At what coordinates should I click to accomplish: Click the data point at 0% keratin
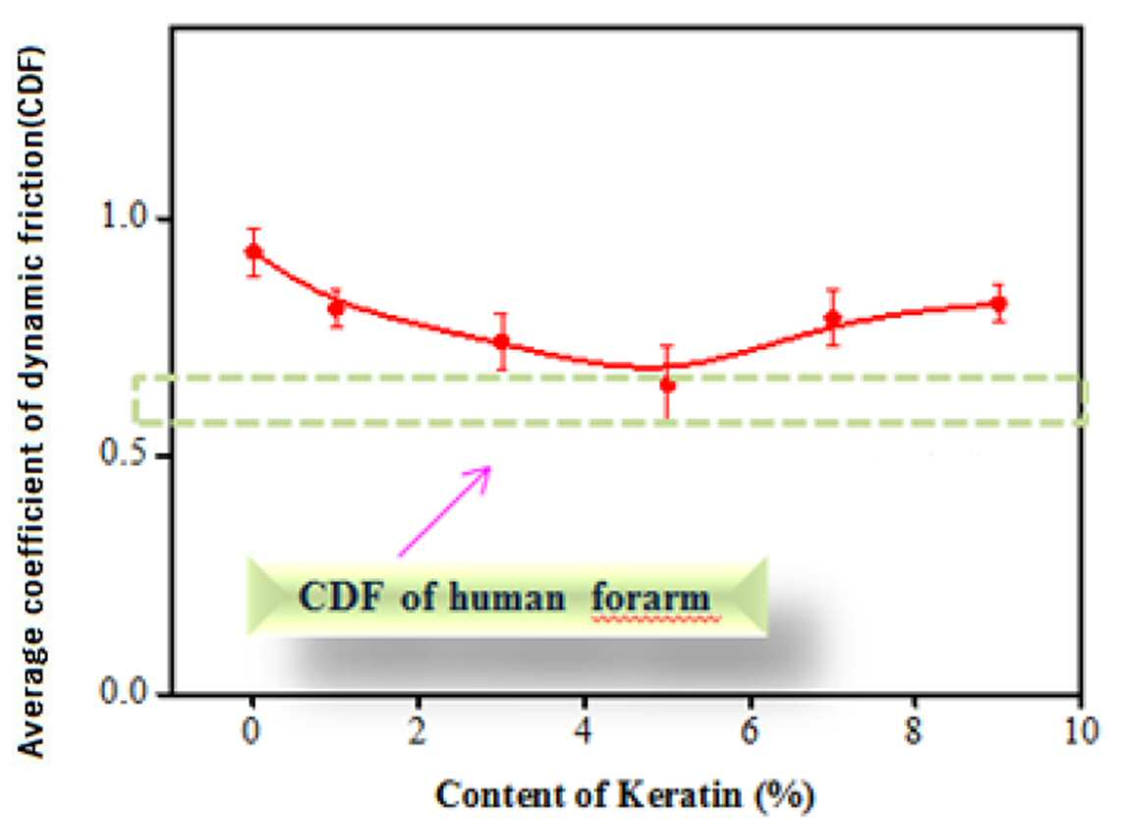tap(253, 252)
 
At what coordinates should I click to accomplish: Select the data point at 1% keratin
tap(336, 307)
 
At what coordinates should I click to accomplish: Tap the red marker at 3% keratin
tap(502, 341)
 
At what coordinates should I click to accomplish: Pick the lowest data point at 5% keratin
tap(668, 385)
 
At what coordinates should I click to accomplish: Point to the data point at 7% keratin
tap(832, 319)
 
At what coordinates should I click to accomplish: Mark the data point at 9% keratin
tap(999, 304)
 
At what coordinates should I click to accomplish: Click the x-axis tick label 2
tap(418, 731)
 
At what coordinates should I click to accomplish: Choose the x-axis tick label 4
tap(584, 731)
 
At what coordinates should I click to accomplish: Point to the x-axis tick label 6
tap(750, 731)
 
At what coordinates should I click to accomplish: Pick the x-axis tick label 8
tap(914, 731)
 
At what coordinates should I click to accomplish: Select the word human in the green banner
tap(507, 597)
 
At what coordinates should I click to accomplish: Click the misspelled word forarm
tap(651, 597)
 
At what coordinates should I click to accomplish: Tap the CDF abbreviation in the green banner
tap(341, 596)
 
